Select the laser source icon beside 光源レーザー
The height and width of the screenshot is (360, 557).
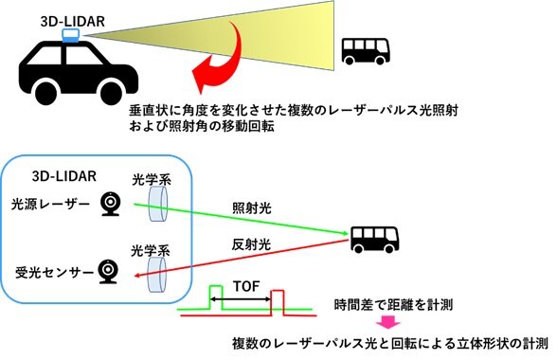point(110,204)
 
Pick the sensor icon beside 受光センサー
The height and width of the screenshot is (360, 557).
point(110,273)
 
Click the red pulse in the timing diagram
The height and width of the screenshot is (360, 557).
point(277,302)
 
